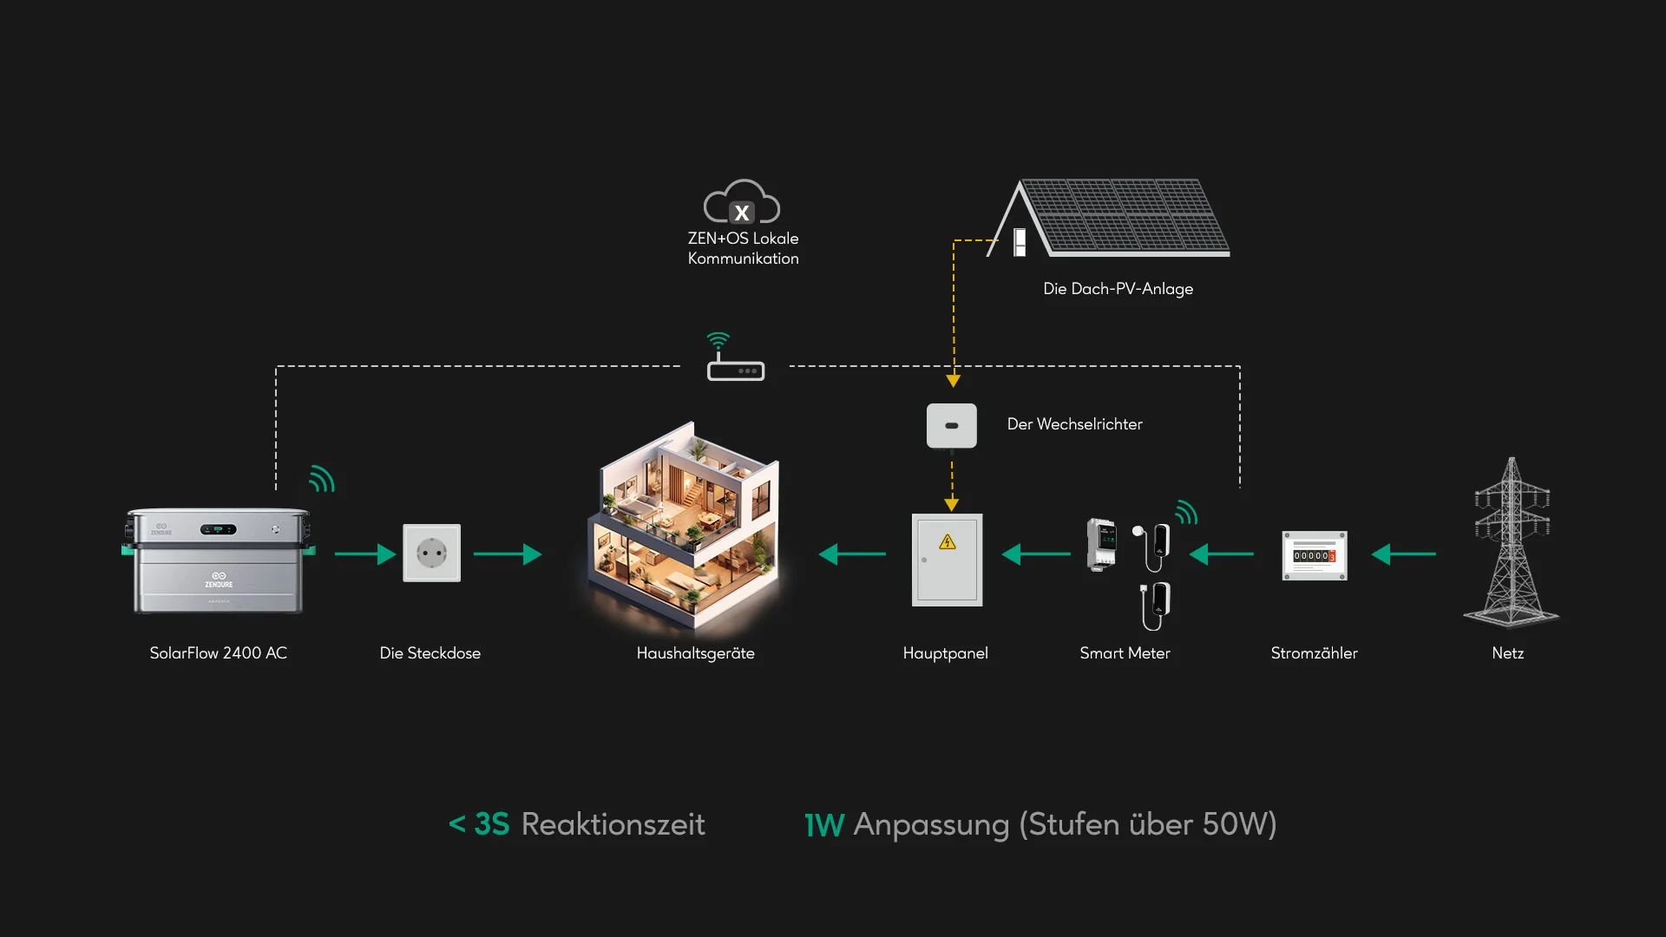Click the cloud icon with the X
[742, 203]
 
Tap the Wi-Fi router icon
[735, 364]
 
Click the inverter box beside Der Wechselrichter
[952, 425]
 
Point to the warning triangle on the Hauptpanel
[948, 542]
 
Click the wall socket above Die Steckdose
[431, 553]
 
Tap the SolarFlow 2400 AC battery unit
[219, 560]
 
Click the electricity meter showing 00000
[1315, 555]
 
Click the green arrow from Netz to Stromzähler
[1403, 554]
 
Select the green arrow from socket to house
[508, 554]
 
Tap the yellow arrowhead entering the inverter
[953, 381]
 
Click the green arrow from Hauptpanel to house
[852, 554]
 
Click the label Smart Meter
[1125, 653]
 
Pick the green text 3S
[491, 824]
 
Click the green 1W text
[823, 825]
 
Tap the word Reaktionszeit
[613, 824]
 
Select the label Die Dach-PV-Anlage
[1118, 289]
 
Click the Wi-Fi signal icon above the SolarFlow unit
[322, 479]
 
